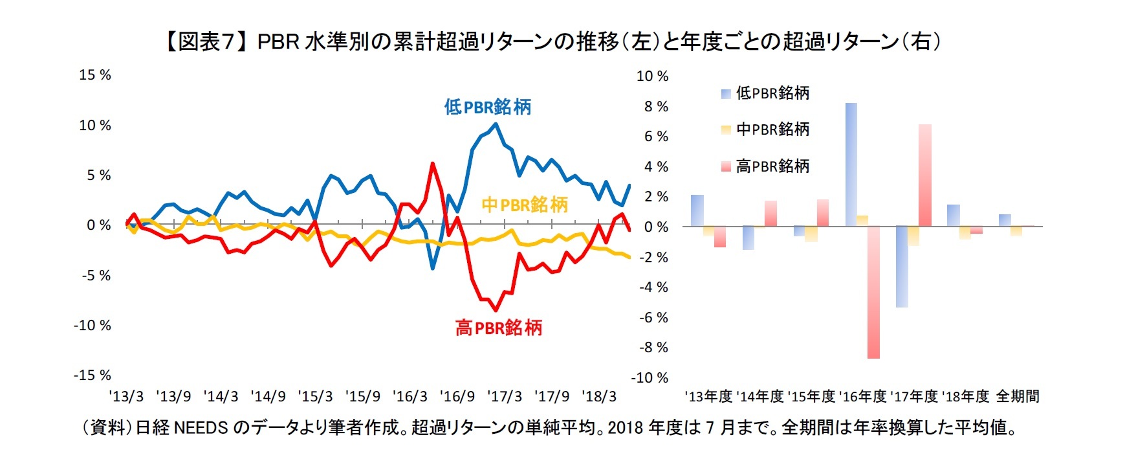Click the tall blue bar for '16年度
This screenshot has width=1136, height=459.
click(851, 164)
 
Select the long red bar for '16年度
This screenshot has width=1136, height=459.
click(873, 293)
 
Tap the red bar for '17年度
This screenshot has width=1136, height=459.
click(924, 175)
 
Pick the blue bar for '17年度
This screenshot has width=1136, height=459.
click(902, 267)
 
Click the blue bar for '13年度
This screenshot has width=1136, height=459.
click(697, 211)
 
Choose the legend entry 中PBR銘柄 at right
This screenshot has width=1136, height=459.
click(772, 129)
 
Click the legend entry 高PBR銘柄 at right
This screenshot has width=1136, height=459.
click(772, 166)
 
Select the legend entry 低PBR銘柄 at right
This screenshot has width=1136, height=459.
click(772, 93)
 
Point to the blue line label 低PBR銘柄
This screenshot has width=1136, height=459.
click(487, 107)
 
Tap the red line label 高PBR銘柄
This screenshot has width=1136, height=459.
click(498, 328)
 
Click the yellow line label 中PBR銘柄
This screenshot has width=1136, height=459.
click(524, 205)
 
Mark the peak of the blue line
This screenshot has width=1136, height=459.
click(496, 124)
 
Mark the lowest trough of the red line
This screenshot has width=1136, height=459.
click(496, 310)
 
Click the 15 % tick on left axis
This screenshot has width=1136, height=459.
click(94, 75)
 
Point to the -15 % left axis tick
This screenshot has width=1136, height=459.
click(93, 375)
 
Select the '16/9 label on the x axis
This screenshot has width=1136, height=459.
click(457, 396)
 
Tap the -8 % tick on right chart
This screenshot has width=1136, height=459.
click(653, 348)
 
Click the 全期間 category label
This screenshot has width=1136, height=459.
click(1018, 396)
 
